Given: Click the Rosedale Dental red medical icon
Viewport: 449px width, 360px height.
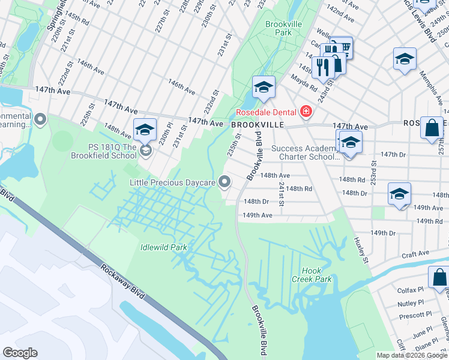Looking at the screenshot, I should (x=306, y=112).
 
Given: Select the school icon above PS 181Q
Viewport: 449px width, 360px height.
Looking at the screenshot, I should (x=145, y=130).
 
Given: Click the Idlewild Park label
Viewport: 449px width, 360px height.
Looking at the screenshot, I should (x=163, y=247).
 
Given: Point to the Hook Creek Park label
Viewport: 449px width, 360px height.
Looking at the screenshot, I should (x=316, y=275).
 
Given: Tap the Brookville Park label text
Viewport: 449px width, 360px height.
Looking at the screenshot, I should (x=279, y=28).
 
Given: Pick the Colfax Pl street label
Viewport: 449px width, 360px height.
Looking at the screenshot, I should (x=411, y=290).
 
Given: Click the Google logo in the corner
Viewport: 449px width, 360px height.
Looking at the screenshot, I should (x=20, y=353).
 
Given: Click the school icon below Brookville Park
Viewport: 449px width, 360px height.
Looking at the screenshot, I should (x=263, y=88).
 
